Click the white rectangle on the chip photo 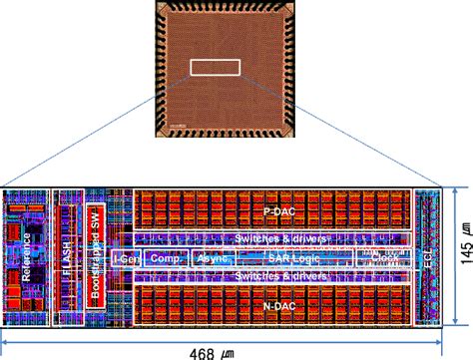click(x=216, y=68)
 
